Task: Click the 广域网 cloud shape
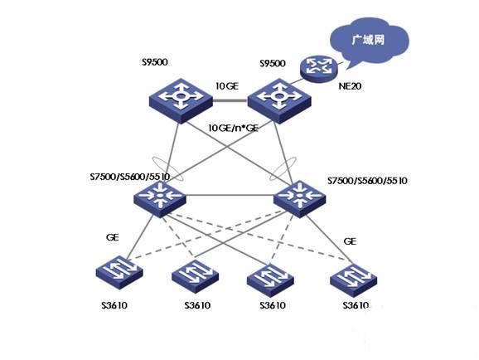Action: click(x=369, y=41)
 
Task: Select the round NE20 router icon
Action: click(x=318, y=68)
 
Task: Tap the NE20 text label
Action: click(x=350, y=86)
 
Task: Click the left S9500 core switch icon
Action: click(x=181, y=101)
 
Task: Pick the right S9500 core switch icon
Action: click(x=279, y=101)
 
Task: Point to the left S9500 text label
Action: click(x=155, y=62)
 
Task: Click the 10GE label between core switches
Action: click(x=227, y=86)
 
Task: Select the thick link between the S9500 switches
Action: click(x=230, y=100)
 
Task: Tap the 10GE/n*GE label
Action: click(x=233, y=128)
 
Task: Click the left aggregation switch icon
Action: click(x=160, y=199)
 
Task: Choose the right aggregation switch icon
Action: click(x=299, y=199)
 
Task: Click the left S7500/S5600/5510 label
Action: click(x=130, y=177)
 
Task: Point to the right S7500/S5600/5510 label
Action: click(x=367, y=181)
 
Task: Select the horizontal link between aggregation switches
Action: click(x=230, y=195)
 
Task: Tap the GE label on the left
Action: click(x=112, y=237)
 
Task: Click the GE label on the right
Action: click(x=350, y=241)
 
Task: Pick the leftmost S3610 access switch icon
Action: click(x=119, y=272)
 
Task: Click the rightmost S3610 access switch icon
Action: click(x=353, y=280)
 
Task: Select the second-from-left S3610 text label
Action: click(x=197, y=305)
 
